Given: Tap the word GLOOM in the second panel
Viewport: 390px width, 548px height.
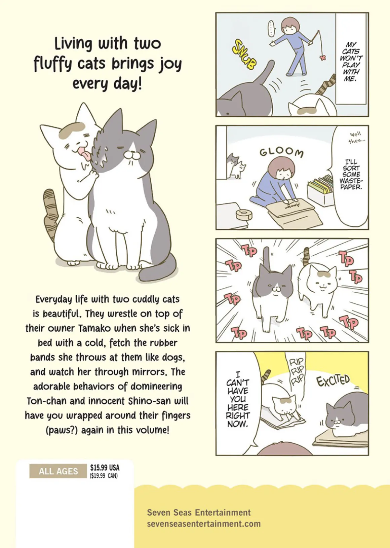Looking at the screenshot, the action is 281,153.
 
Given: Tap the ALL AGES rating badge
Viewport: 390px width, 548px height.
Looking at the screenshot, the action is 58,471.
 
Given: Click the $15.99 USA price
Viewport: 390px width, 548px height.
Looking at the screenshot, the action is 105,468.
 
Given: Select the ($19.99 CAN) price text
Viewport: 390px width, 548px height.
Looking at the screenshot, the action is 104,476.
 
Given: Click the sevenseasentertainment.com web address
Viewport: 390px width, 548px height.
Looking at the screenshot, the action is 204,523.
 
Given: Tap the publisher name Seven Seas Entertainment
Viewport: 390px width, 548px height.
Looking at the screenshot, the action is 199,512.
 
